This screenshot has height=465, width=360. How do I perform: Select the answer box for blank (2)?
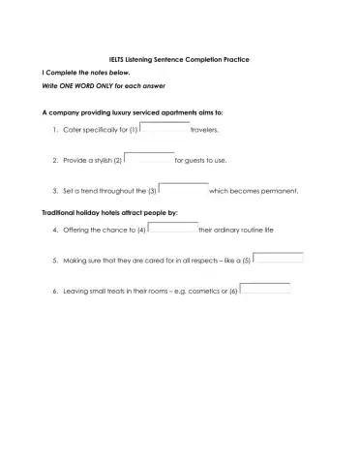click(x=149, y=157)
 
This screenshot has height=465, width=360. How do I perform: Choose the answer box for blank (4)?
click(x=171, y=229)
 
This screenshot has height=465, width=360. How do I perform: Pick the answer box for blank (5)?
click(x=279, y=259)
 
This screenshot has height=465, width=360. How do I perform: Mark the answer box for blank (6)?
click(x=265, y=289)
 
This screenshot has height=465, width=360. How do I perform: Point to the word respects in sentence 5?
click(x=210, y=262)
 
